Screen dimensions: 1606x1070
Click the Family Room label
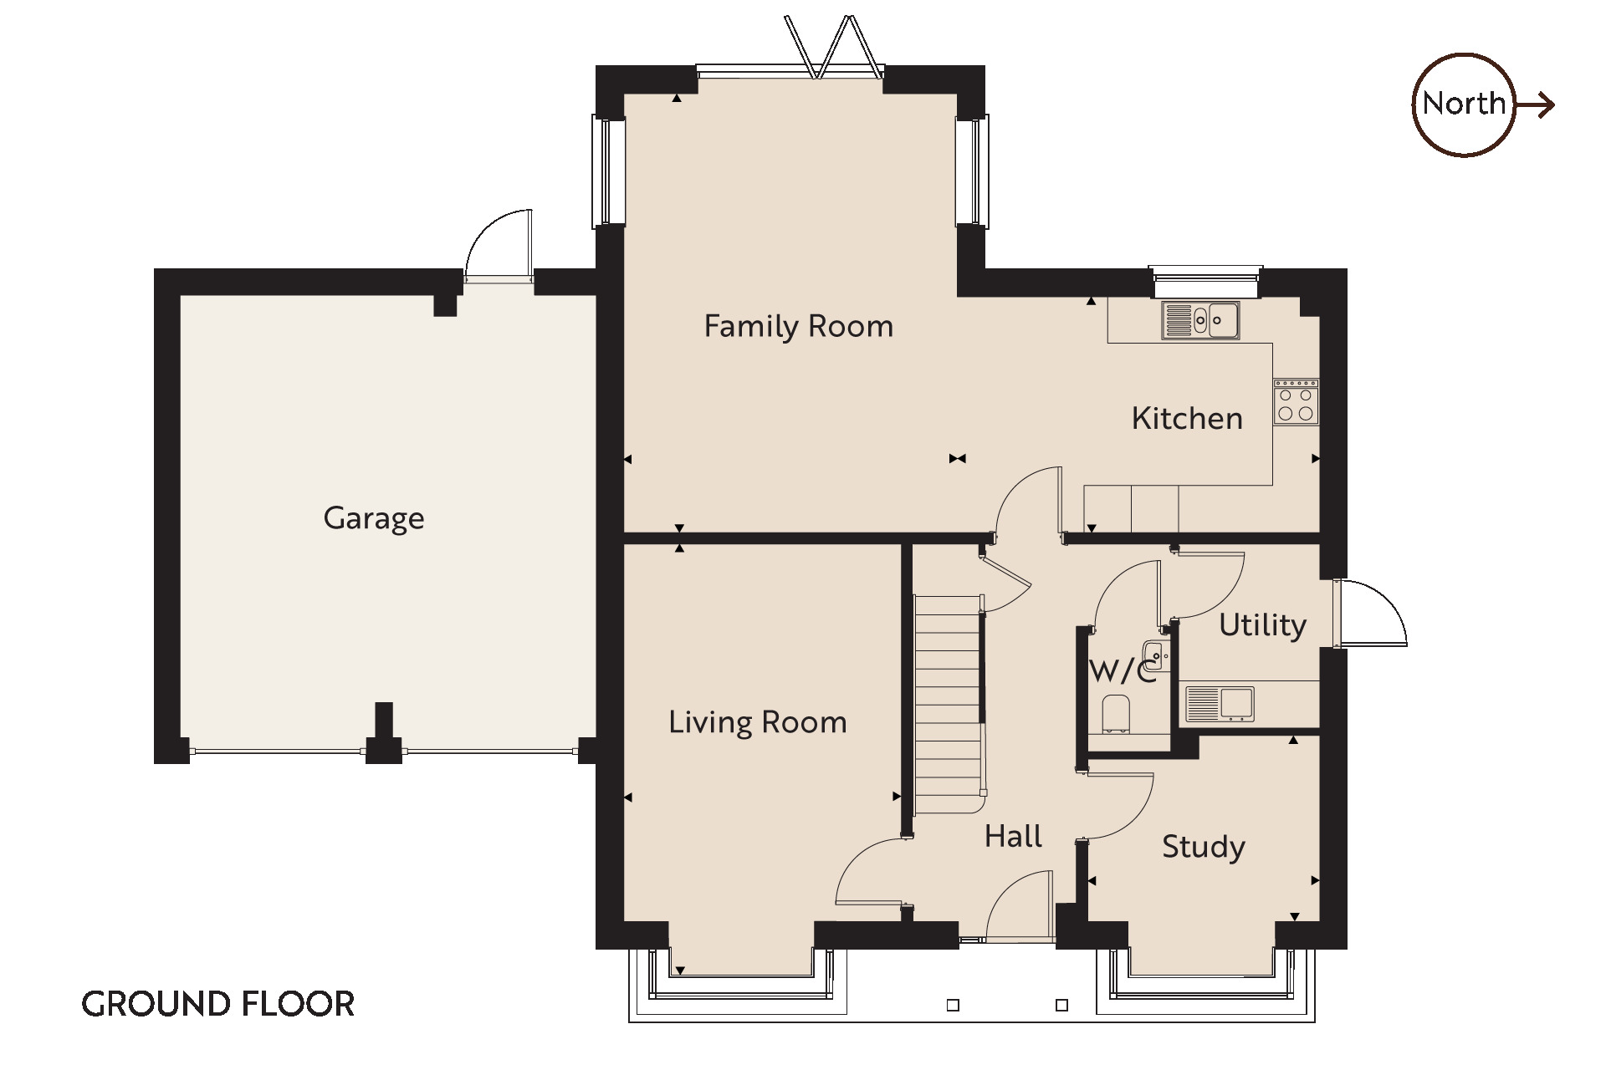(799, 326)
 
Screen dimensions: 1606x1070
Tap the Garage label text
(374, 518)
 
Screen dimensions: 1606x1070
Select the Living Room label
(758, 722)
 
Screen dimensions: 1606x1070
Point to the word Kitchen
(1187, 418)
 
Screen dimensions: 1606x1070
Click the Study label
(1204, 847)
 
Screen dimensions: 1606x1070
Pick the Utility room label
(1262, 625)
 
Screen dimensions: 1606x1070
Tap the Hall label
(1013, 836)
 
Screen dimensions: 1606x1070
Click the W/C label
(1123, 670)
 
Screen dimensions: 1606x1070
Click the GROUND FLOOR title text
(218, 1004)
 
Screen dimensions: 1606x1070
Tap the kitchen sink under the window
(1200, 320)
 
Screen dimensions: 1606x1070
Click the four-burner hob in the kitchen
(1296, 402)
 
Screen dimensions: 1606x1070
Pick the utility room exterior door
(1370, 613)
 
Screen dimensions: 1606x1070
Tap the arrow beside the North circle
(1535, 105)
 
